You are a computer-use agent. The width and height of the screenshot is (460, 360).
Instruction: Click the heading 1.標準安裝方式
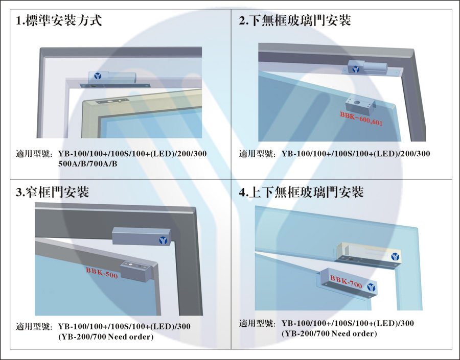59,20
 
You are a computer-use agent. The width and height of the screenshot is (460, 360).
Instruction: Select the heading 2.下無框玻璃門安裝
295,20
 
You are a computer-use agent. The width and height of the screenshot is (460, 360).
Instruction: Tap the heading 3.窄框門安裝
52,192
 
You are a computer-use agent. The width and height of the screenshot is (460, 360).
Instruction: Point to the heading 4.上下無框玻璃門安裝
301,192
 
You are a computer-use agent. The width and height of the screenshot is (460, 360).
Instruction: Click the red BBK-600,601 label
361,118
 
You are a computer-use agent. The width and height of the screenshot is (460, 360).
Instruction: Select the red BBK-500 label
102,273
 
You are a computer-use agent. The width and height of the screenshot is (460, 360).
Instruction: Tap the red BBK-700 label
346,281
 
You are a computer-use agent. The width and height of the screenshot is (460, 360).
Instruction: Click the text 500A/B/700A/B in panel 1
88,164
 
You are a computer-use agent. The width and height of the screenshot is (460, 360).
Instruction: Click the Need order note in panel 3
106,337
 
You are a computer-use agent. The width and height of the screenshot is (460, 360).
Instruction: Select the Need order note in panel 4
329,333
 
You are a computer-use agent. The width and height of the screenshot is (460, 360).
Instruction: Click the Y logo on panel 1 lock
98,76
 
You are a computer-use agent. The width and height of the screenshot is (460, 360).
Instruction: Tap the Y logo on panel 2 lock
356,69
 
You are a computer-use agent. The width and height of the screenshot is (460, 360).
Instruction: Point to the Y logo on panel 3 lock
163,241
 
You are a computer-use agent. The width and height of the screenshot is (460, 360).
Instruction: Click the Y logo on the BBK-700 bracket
371,287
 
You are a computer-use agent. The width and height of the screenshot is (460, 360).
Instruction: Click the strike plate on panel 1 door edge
112,101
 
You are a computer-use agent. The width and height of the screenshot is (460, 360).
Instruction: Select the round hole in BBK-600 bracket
357,103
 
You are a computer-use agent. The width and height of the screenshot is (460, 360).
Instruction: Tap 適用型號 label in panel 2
257,154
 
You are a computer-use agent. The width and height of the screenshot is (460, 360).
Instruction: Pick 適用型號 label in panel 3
33,327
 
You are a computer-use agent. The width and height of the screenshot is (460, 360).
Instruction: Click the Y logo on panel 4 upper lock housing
395,257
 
